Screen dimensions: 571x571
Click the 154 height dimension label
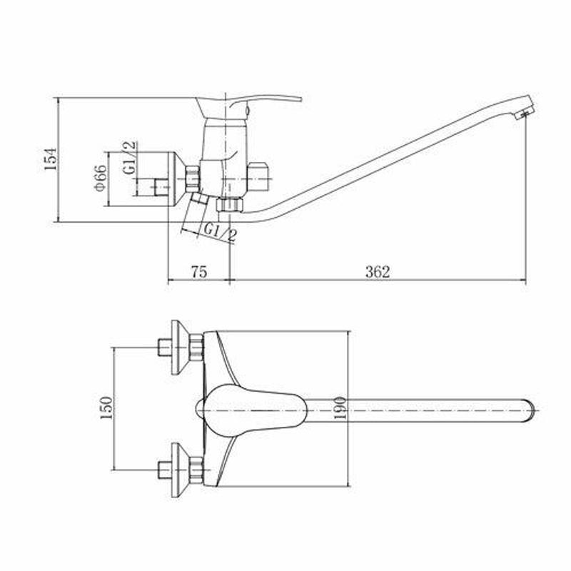pos(51,158)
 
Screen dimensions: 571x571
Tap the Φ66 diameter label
pos(100,177)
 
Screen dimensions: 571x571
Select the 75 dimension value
pos(199,272)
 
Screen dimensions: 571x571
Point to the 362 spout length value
pos(378,272)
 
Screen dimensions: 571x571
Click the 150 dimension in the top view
pos(106,408)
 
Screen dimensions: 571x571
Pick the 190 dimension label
pos(340,408)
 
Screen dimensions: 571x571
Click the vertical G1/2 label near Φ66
pos(129,158)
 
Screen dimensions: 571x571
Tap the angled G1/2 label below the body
pos(220,233)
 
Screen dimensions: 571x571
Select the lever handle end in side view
pos(298,98)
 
